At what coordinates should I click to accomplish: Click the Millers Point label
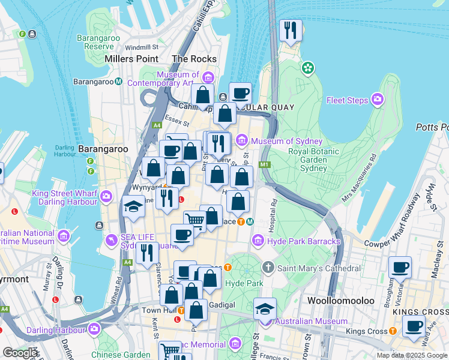pos(131,59)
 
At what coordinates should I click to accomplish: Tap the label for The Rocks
pos(194,59)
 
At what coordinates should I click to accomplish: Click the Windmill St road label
pos(142,47)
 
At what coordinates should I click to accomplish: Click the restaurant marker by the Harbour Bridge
pos(291,31)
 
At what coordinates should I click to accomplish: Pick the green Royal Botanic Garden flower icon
pos(309,68)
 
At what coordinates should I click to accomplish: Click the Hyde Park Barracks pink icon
pos(258,241)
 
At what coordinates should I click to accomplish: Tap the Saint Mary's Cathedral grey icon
pos(268,266)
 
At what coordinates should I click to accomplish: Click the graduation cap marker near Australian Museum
pos(265,309)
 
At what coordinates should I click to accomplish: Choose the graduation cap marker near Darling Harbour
pos(133,208)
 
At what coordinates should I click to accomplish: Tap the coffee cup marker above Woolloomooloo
pos(400,268)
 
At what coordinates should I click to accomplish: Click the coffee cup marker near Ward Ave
pos(414,327)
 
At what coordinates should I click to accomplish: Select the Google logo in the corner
pos(20,353)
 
